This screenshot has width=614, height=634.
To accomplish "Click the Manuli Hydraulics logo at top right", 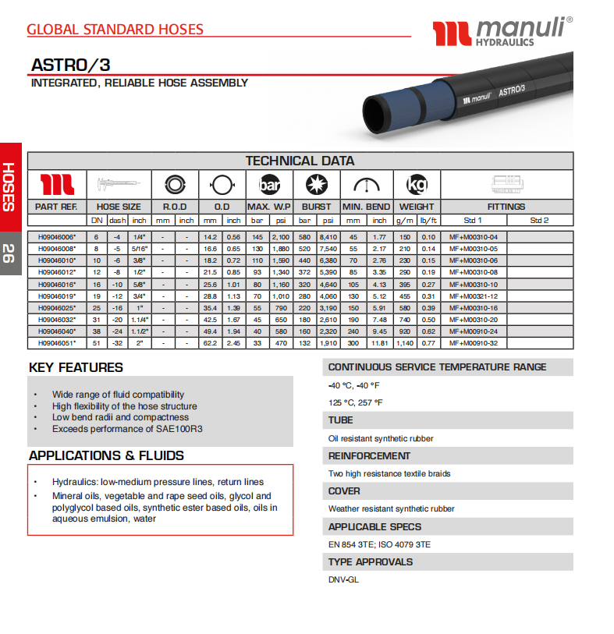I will coord(502,33).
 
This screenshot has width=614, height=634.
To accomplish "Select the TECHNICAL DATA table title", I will coord(300,161).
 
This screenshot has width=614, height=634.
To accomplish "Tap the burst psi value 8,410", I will coord(328,236).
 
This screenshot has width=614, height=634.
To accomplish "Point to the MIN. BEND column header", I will coord(367,207).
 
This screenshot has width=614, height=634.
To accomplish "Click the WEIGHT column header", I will coord(417,207).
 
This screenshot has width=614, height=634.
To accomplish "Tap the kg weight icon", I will coord(417,185).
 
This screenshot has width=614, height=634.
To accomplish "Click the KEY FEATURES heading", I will coord(76,367).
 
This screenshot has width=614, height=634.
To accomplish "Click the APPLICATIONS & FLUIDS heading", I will coord(106,455).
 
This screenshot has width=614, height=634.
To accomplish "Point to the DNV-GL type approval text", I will coord(342,579).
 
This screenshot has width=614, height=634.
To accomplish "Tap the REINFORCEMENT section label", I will coord(369,455).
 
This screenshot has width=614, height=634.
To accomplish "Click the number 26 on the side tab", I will coord(8,253).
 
